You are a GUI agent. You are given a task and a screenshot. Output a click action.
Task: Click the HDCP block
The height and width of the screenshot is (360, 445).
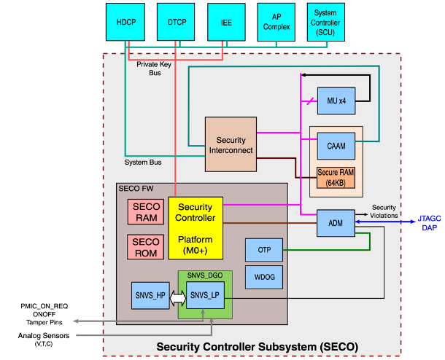click(x=126, y=22)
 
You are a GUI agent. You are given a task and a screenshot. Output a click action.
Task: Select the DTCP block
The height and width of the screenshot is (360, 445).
click(x=176, y=22)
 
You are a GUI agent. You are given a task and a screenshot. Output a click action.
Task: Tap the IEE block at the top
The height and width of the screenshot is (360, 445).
click(x=225, y=22)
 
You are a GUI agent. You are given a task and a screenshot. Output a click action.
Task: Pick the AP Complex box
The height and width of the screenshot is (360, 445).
click(x=276, y=22)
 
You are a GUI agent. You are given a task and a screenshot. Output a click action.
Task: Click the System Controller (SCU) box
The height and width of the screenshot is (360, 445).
click(x=325, y=22)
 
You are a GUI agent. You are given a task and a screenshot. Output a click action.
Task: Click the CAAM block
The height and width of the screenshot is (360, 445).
click(x=336, y=146)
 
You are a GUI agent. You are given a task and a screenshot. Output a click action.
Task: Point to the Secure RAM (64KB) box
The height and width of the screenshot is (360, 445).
click(x=336, y=176)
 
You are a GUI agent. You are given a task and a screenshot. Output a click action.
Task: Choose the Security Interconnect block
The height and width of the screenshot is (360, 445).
click(x=231, y=145)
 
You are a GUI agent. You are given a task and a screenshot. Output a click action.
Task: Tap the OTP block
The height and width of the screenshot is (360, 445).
click(x=263, y=250)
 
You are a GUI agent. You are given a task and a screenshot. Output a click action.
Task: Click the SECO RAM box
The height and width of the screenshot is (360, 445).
click(x=146, y=211)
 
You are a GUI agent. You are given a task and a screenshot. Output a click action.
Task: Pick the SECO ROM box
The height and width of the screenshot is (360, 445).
click(x=146, y=247)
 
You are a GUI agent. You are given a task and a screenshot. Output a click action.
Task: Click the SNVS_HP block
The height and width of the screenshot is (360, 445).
click(x=150, y=296)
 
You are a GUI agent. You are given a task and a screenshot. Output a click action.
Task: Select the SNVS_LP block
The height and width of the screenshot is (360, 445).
click(x=204, y=296)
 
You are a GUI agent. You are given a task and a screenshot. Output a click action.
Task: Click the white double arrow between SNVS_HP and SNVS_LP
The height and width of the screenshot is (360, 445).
click(x=177, y=297)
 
